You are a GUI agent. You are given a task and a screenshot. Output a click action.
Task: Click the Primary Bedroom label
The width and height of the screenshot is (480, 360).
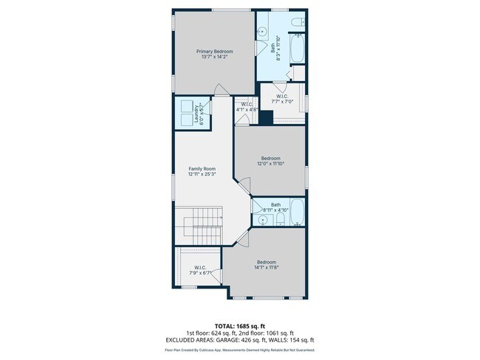214,52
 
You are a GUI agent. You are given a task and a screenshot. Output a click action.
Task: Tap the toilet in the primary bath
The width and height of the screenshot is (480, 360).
297,27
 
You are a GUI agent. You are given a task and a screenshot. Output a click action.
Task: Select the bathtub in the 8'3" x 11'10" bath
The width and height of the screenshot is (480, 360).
297,52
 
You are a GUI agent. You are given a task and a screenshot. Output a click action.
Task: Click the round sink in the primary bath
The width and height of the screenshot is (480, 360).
264,32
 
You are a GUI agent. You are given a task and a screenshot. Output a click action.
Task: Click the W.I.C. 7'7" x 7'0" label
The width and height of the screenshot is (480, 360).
282,97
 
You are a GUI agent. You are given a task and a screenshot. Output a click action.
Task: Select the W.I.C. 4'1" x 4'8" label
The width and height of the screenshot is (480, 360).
245,105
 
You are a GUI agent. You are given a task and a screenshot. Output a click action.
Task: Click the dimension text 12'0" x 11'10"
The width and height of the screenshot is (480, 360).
270,164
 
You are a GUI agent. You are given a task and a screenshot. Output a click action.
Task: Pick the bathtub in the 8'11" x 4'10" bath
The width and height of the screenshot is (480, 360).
297,213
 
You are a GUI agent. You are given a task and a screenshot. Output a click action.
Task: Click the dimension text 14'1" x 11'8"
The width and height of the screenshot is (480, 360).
267,268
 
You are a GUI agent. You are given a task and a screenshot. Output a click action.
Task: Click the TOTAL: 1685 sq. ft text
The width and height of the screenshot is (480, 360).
240,325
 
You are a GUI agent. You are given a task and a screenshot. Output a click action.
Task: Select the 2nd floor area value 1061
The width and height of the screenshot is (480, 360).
275,332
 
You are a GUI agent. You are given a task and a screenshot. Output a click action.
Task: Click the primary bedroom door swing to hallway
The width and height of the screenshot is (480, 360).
219,91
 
